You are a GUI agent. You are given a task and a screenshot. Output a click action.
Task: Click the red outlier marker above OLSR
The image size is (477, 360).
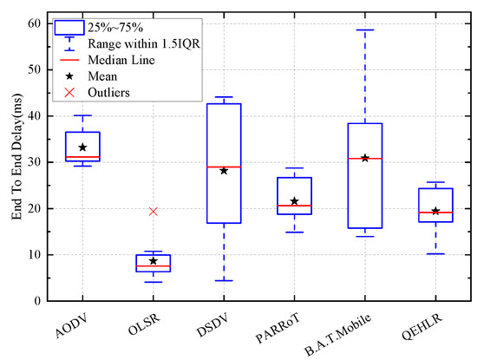[153, 211]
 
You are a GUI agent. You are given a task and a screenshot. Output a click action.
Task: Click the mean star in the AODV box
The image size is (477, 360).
[82, 147]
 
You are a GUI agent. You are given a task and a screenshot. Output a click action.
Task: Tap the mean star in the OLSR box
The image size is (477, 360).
[153, 260]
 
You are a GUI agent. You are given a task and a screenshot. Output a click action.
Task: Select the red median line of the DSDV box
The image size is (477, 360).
[224, 167]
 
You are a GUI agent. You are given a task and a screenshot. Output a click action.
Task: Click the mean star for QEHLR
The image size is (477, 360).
[435, 211]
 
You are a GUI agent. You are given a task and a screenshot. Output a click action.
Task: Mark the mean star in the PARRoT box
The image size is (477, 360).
[294, 201]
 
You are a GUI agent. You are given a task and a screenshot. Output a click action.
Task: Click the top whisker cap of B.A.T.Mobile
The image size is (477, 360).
[364, 29]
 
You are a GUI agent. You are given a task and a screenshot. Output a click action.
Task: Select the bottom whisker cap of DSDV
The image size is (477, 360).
[224, 280]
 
